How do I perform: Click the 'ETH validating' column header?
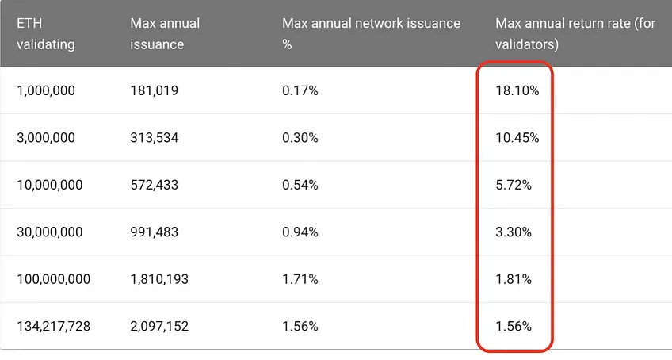pos(45,33)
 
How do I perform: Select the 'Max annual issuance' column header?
pos(165,33)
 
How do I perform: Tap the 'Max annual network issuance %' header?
pos(371,33)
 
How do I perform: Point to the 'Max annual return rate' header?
pos(575,33)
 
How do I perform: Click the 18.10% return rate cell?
pos(517,90)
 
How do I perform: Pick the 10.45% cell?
pos(517,138)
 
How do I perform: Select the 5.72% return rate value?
pos(514,185)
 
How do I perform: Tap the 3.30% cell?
pos(514,232)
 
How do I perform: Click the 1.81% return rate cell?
pos(514,279)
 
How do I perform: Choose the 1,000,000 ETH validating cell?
pos(46,90)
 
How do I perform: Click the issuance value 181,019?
pos(155,90)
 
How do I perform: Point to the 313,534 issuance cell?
pos(155,138)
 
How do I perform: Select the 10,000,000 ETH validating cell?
pos(50,185)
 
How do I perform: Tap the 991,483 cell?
pos(155,232)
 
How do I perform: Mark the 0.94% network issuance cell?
pos(300,232)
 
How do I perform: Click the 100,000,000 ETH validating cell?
pos(54,279)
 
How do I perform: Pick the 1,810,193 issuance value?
pos(159,279)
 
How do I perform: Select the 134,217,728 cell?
pos(54,327)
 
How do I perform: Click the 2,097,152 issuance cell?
pos(159,327)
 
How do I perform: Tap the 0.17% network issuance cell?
pos(300,90)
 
